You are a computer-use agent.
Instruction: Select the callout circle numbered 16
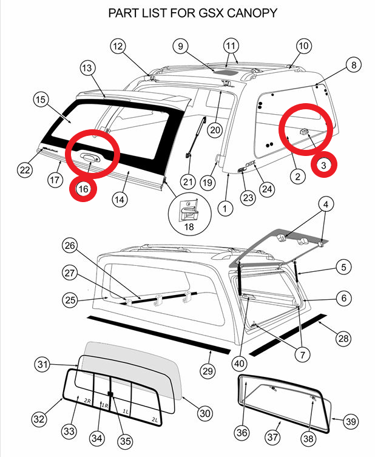point(84,189)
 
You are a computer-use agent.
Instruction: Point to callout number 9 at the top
point(180,46)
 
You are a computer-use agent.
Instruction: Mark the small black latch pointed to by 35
point(110,393)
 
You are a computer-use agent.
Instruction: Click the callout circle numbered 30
point(205,413)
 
